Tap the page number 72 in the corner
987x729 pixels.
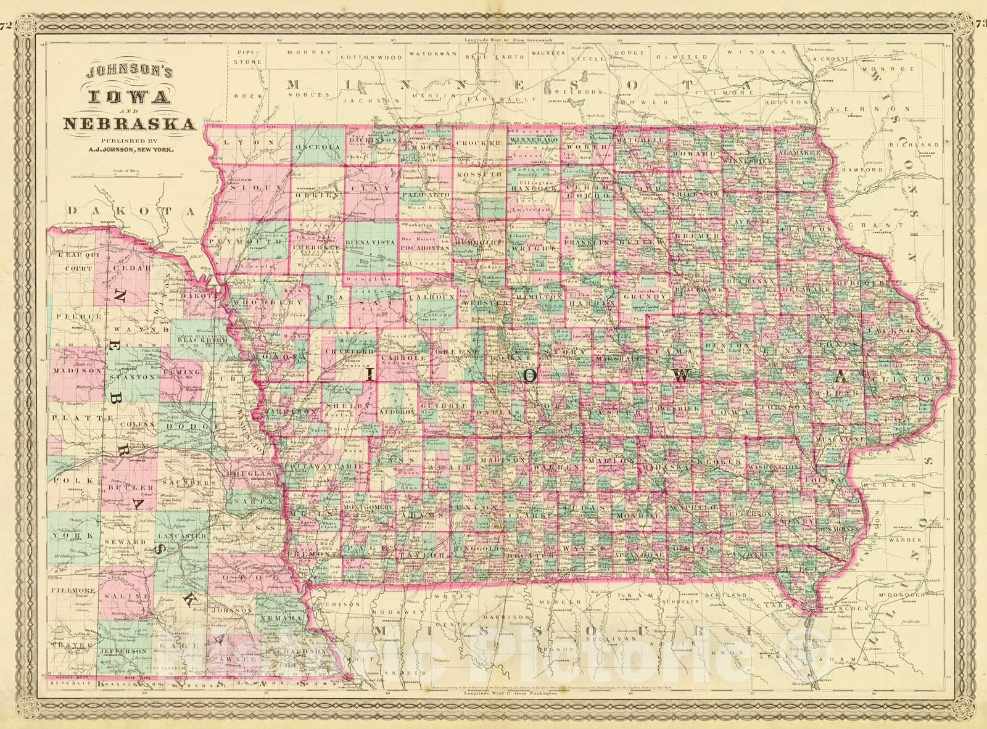pyautogui.click(x=7, y=8)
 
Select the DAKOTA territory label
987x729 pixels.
pyautogui.click(x=131, y=211)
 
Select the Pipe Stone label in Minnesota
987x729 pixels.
pyautogui.click(x=249, y=58)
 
